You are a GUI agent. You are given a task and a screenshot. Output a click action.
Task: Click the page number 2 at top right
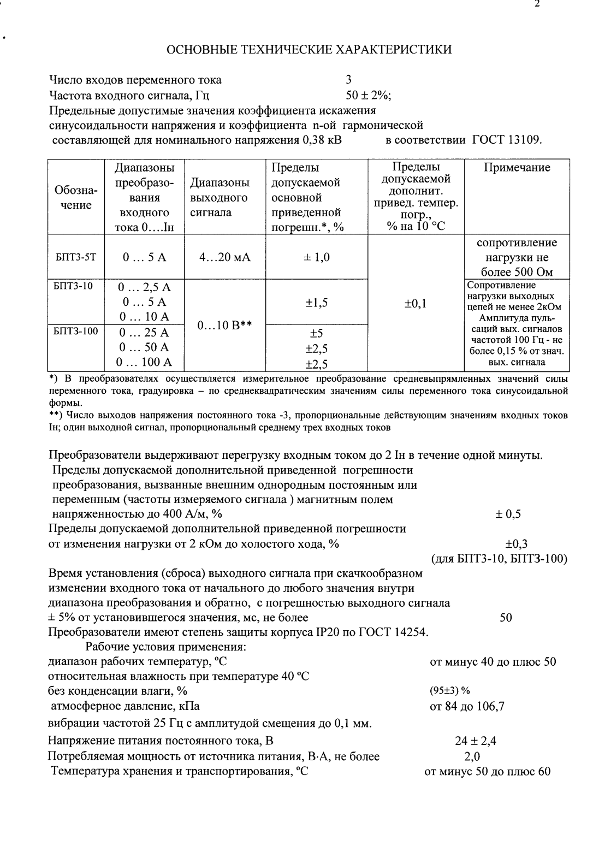tap(537, 4)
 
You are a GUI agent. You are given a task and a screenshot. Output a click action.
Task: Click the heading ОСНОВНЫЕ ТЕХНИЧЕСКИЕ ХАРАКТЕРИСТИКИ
tap(309, 50)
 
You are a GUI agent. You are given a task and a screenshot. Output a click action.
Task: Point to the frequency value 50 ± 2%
tap(368, 95)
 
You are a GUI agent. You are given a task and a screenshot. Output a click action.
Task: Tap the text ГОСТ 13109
tap(507, 140)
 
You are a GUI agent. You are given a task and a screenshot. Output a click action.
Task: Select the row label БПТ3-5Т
tap(75, 257)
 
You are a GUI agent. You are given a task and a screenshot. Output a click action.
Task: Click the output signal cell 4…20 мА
tap(224, 257)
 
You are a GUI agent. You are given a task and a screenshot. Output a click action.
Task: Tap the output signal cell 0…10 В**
tap(224, 326)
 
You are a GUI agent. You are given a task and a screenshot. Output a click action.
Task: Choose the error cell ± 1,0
tap(317, 257)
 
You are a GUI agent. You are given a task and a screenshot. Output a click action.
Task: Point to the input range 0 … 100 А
tap(145, 362)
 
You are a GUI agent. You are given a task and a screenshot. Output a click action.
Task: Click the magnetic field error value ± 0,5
tap(508, 514)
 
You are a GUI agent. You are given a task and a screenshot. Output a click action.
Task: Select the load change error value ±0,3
tap(516, 544)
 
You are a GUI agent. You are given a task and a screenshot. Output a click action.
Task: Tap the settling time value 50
tap(506, 618)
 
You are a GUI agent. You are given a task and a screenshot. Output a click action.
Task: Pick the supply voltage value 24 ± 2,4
tap(475, 741)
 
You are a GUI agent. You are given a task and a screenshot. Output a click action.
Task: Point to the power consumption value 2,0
tap(471, 756)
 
